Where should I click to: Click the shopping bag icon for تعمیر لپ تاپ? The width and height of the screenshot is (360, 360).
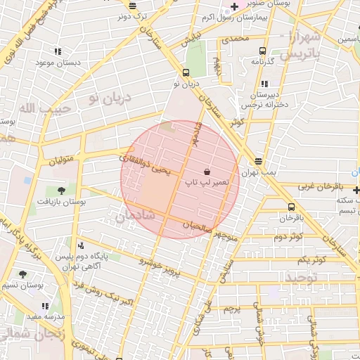pyautogui.click(x=207, y=172)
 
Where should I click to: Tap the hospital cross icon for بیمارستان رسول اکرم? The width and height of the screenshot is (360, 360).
pyautogui.click(x=234, y=6)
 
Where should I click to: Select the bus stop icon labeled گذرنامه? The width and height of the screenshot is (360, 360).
pyautogui.click(x=262, y=51)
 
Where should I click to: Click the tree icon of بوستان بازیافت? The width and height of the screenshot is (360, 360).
pyautogui.click(x=61, y=191)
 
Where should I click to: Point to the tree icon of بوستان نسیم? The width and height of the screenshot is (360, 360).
pyautogui.click(x=22, y=275)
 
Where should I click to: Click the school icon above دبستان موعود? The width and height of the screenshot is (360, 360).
pyautogui.click(x=57, y=51)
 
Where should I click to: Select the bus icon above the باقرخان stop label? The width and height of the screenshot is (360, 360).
pyautogui.click(x=291, y=207)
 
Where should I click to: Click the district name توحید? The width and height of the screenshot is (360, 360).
pyautogui.click(x=302, y=278)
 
